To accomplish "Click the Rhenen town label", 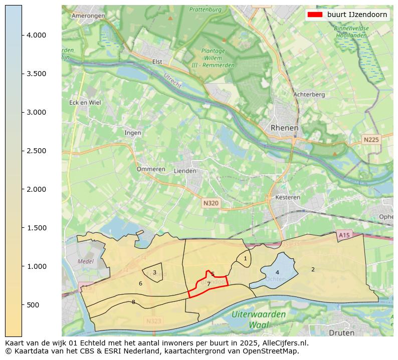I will point(284,128).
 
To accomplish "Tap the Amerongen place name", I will point(88,16).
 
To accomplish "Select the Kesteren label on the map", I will point(288,197).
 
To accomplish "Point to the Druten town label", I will point(341,332).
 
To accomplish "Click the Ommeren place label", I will point(151,169).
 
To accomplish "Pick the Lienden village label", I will point(184,171).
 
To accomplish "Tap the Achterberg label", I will point(309,94).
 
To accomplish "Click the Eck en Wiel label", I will point(85,103).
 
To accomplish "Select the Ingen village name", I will point(133,133).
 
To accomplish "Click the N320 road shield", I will point(211,203).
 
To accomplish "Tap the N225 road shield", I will point(371,140).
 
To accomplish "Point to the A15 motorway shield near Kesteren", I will point(344,235).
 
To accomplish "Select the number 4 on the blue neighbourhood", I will point(277,273).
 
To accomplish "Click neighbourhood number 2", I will point(313,269).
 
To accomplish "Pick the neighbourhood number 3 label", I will point(154,273).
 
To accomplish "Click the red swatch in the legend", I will point(315,15).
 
